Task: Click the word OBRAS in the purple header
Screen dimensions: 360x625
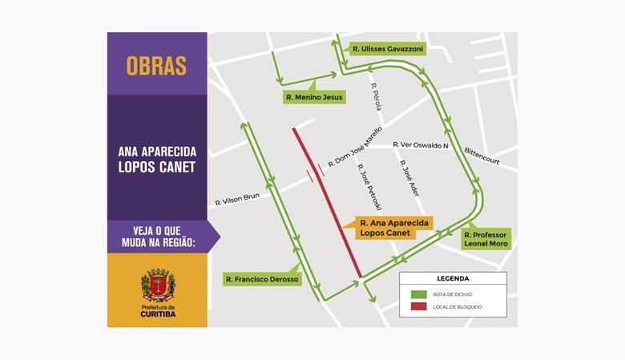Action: (x=156, y=66)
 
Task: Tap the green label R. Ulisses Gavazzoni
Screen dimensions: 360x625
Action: (x=387, y=49)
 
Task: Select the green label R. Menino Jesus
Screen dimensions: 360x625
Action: (x=314, y=97)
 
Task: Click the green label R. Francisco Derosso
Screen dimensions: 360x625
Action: (x=262, y=280)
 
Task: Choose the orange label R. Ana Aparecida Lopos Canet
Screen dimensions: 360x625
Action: (x=396, y=227)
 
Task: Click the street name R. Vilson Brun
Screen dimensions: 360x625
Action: (x=239, y=198)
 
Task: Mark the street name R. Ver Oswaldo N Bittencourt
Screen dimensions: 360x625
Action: (x=433, y=146)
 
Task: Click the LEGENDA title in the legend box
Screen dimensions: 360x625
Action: (x=453, y=278)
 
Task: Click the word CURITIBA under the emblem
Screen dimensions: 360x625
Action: (x=158, y=314)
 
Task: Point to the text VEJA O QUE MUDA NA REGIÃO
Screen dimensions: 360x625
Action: (x=157, y=237)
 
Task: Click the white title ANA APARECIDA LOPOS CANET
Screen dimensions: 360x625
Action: (x=157, y=160)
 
